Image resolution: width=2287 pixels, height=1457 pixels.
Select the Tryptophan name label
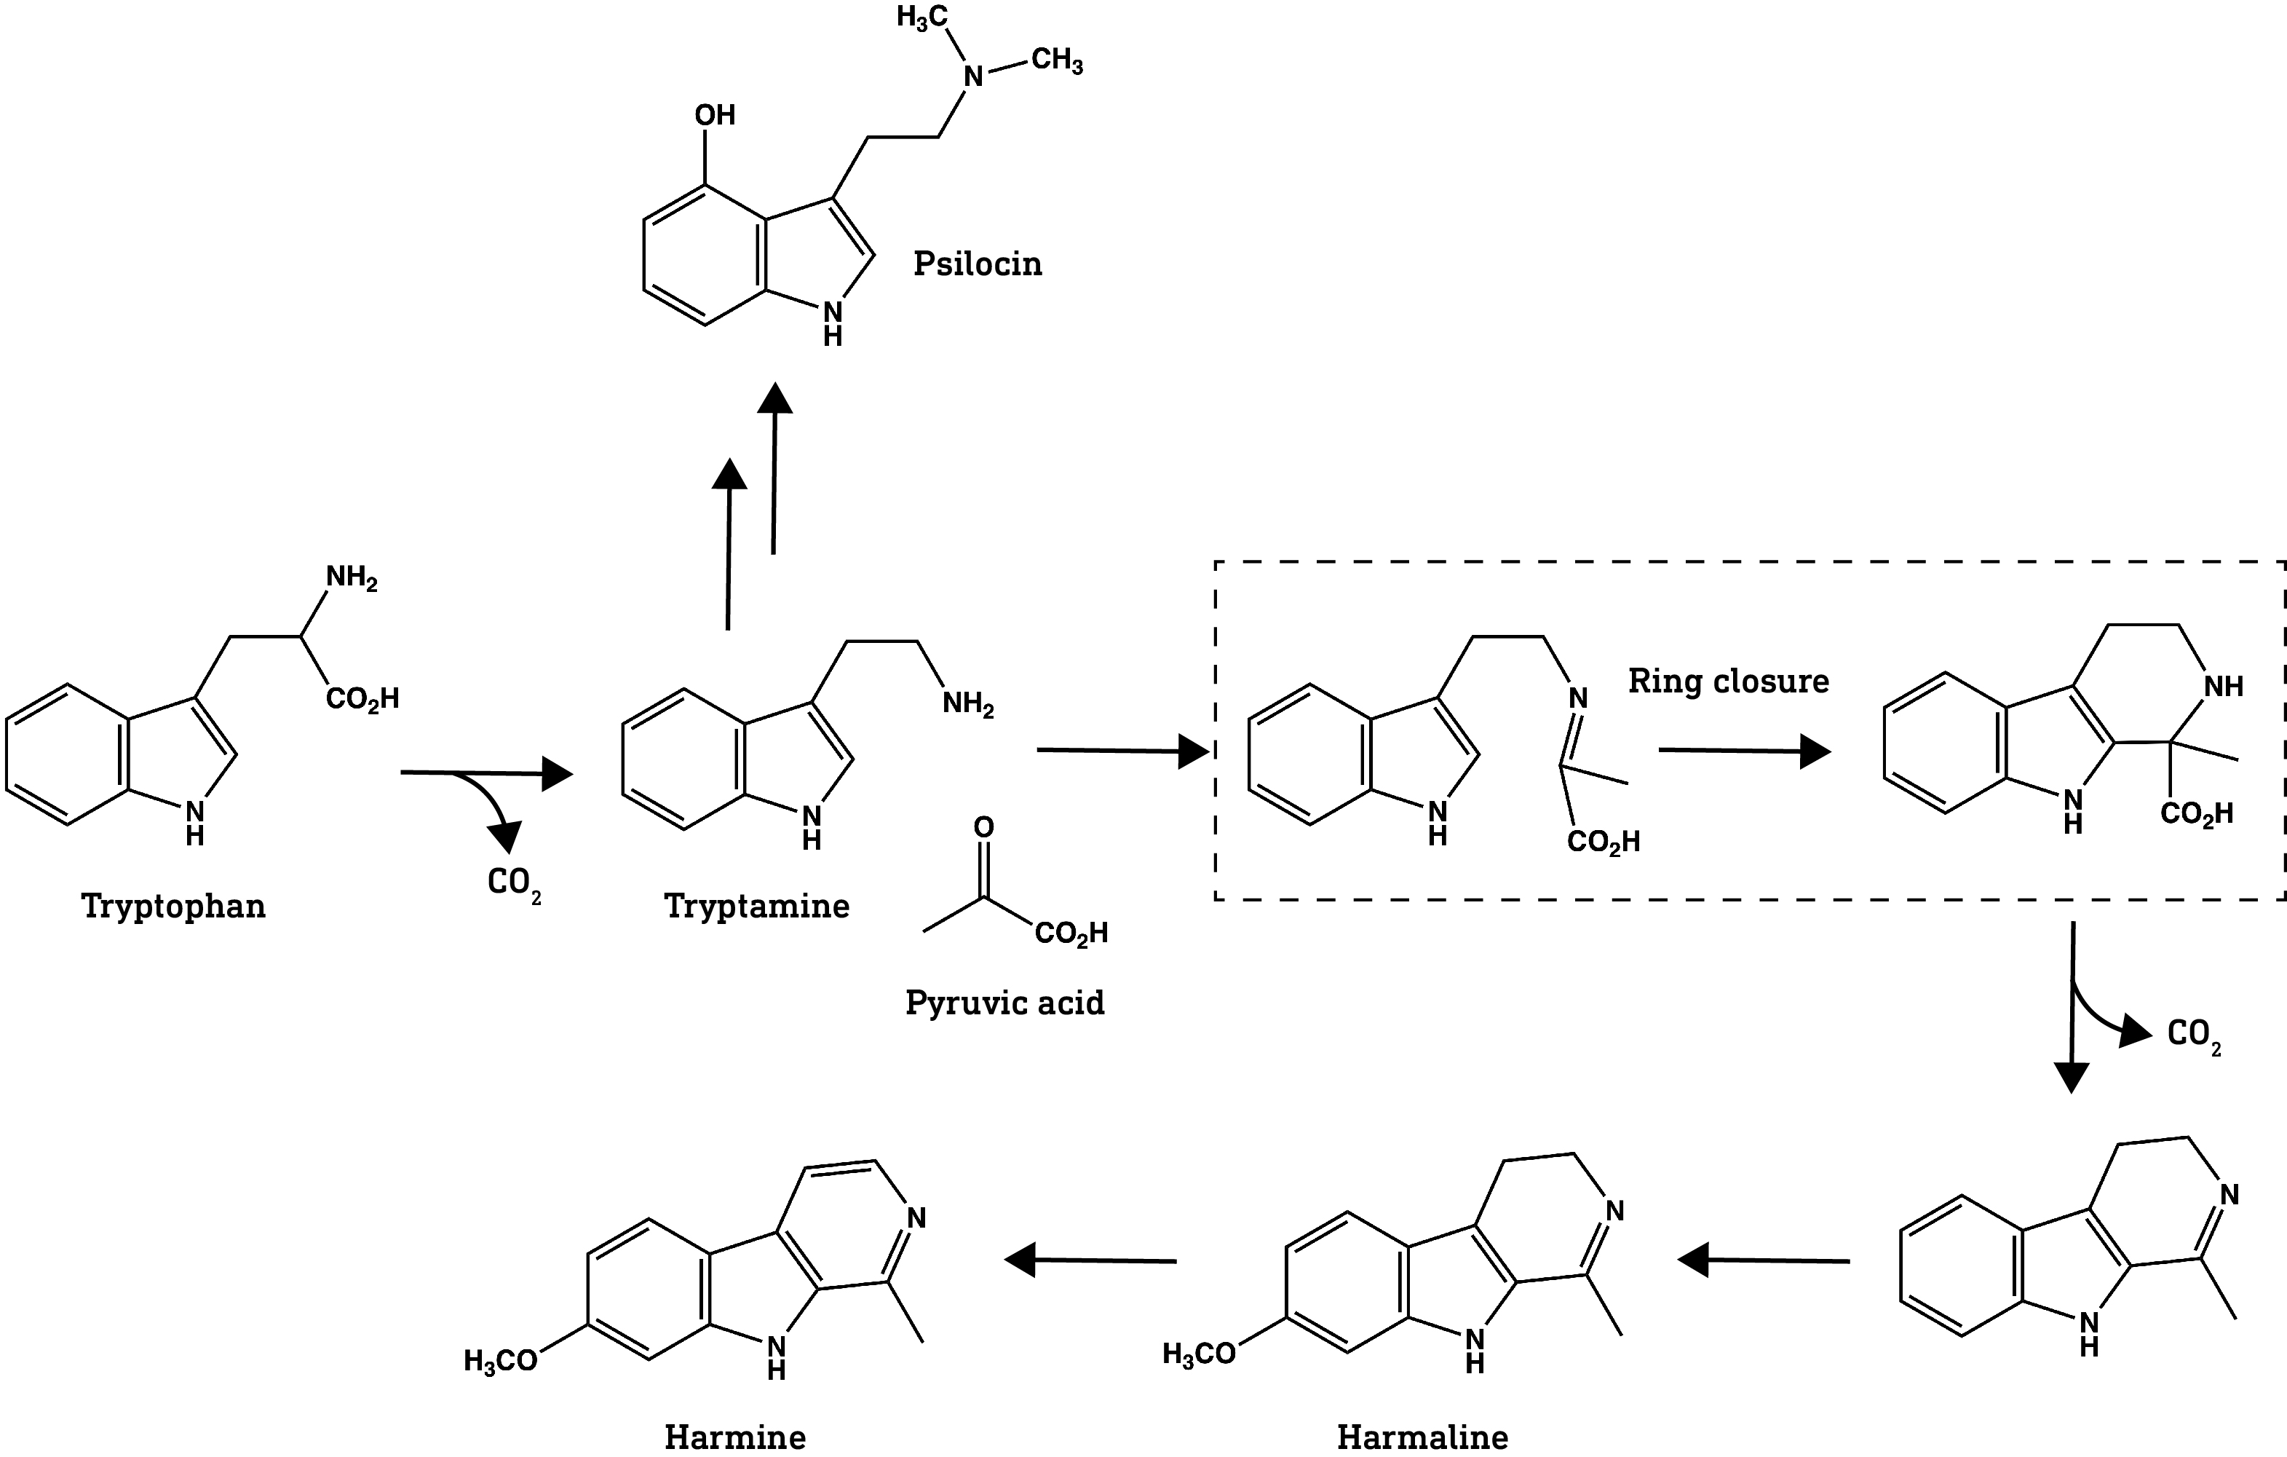[174, 905]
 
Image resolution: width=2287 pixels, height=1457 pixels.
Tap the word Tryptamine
[756, 905]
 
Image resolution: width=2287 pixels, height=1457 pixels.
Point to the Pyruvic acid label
[1004, 1002]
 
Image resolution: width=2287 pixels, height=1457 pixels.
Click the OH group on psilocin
[714, 115]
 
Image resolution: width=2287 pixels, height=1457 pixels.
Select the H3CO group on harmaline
[1200, 1354]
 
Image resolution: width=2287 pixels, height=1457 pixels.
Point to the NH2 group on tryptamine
[968, 704]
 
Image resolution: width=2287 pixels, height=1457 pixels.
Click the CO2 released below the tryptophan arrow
[514, 883]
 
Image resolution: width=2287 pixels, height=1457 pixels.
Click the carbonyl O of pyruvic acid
[984, 827]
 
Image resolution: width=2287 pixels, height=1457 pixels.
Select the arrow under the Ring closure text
[1744, 751]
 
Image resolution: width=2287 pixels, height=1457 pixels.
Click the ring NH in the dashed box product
[2222, 686]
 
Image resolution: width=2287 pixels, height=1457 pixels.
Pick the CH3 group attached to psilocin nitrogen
[1056, 60]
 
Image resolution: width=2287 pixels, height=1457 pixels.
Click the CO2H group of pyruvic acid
[1071, 933]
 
